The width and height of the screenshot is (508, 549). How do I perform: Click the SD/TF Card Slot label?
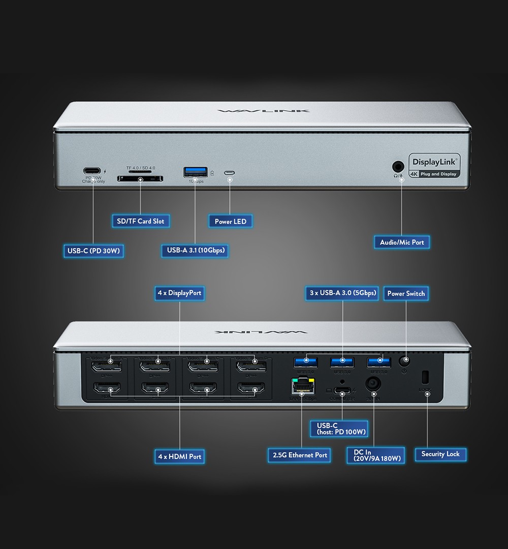(140, 221)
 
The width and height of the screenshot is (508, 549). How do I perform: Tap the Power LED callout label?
(230, 221)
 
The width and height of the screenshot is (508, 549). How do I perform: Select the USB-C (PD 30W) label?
(93, 250)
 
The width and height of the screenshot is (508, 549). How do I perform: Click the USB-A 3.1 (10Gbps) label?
(196, 250)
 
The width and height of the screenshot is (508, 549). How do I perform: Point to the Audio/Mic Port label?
(402, 242)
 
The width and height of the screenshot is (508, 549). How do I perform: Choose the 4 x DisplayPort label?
(179, 293)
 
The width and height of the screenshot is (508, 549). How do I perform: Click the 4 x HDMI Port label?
(179, 456)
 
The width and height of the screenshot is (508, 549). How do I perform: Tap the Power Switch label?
(406, 293)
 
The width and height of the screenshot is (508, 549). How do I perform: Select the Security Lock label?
(440, 454)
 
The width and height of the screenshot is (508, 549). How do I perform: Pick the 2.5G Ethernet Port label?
(300, 455)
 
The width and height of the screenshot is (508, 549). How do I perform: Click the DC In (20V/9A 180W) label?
(376, 455)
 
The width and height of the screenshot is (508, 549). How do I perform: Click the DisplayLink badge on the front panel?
(435, 166)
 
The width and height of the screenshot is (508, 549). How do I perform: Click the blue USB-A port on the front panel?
(195, 172)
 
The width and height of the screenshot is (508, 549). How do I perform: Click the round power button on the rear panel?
(405, 361)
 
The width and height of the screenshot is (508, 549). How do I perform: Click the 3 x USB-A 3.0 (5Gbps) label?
(343, 293)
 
